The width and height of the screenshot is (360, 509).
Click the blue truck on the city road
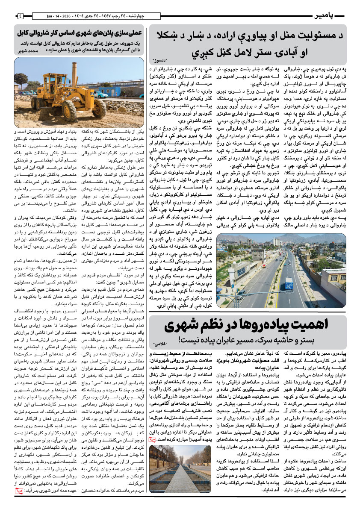pos(289,283)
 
